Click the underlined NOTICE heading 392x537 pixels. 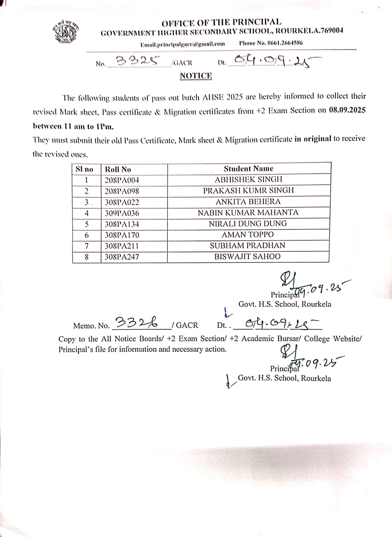point(196,76)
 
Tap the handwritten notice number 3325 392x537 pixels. point(137,61)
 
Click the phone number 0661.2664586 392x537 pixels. point(271,43)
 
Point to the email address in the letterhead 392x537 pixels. point(183,44)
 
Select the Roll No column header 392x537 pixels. point(118,169)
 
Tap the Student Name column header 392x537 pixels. point(248,169)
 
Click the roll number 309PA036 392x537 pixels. point(121,213)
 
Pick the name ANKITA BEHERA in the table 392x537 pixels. point(248,202)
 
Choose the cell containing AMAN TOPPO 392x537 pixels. point(248,235)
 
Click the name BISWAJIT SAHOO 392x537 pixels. point(247,256)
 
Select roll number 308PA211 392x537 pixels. point(121,246)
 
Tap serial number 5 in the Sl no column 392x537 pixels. point(87,224)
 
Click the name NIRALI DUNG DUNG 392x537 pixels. point(248,224)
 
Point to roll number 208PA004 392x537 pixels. point(121,180)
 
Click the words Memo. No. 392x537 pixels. point(91,326)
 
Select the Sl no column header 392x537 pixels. point(84,169)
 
